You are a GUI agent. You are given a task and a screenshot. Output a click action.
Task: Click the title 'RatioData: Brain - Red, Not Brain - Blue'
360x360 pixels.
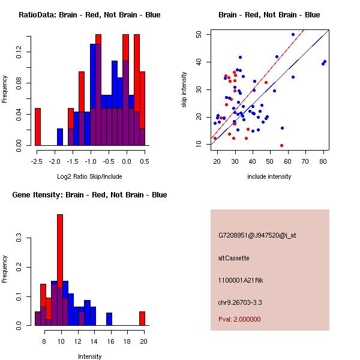(89, 15)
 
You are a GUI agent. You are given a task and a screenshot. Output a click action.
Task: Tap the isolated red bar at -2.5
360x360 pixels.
(38, 127)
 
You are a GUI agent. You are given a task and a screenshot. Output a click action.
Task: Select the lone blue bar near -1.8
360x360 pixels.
(60, 137)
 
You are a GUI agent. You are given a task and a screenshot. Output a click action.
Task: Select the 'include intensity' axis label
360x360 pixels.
(269, 176)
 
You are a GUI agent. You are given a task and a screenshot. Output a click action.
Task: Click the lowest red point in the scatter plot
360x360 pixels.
(281, 145)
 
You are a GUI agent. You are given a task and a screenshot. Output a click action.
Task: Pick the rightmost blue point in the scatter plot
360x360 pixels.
(325, 61)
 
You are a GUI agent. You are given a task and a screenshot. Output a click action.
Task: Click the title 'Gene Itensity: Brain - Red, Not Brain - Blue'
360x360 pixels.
(89, 195)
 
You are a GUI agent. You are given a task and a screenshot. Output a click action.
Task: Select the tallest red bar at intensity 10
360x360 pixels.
(60, 269)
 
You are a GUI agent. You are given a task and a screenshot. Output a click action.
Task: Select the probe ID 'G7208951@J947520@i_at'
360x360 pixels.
(257, 235)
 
